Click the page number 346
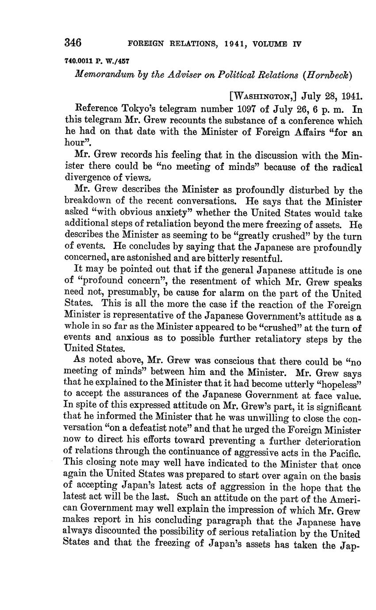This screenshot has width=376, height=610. [73, 43]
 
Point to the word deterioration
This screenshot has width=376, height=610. [333, 441]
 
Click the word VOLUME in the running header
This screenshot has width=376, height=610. [269, 44]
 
